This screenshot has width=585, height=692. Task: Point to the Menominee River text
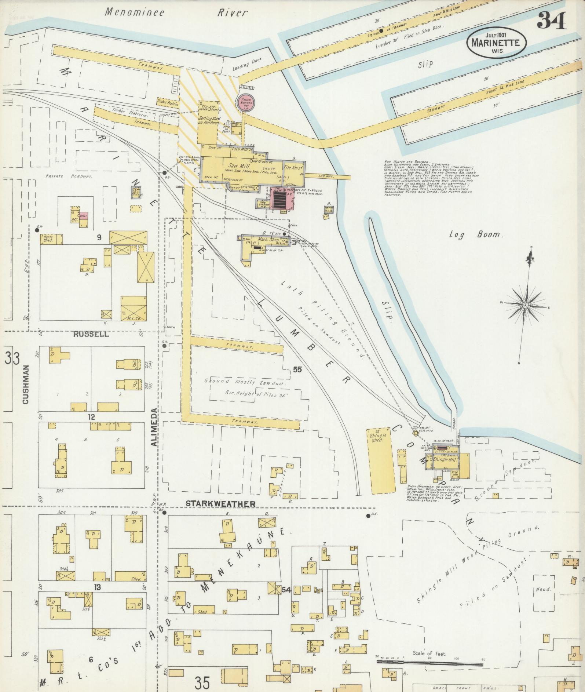point(176,12)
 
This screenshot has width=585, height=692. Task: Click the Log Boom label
point(475,234)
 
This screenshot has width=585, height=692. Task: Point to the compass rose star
point(525,305)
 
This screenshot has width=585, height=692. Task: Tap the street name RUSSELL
point(91,334)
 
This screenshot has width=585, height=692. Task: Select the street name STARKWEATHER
point(220,504)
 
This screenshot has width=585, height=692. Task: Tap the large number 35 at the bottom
point(202,683)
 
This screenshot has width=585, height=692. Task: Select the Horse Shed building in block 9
point(52,239)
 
